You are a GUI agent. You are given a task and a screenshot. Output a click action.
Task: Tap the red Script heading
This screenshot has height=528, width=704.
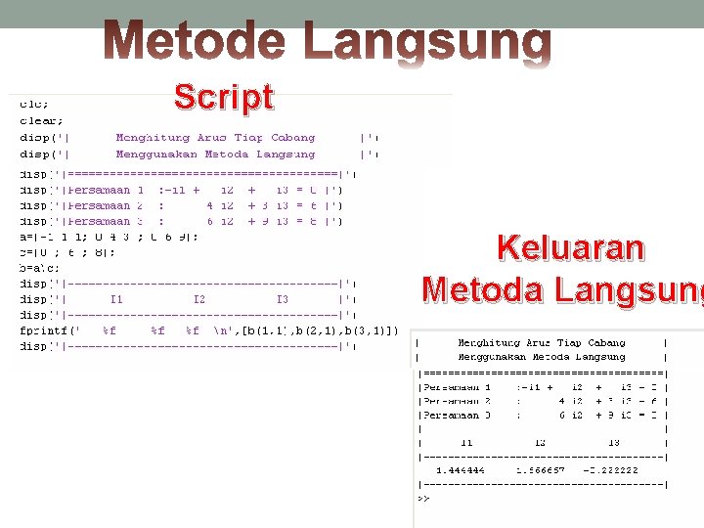click(x=224, y=97)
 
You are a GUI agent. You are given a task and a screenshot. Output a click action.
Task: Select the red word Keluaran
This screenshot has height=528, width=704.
click(x=571, y=248)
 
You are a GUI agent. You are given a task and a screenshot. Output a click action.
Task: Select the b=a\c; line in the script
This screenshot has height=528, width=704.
click(x=40, y=267)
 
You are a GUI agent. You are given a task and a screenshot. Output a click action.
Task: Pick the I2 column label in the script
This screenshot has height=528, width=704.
click(x=198, y=299)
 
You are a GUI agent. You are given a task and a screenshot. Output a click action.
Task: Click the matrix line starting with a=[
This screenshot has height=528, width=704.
click(x=109, y=236)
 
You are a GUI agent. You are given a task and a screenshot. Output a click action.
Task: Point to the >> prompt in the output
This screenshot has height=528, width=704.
click(x=423, y=498)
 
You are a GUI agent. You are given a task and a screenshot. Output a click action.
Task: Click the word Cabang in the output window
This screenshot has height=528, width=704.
click(x=603, y=343)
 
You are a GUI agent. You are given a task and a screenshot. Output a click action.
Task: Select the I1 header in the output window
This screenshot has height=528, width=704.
click(x=466, y=442)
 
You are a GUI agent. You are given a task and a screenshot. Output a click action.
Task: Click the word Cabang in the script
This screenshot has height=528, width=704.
click(x=292, y=138)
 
